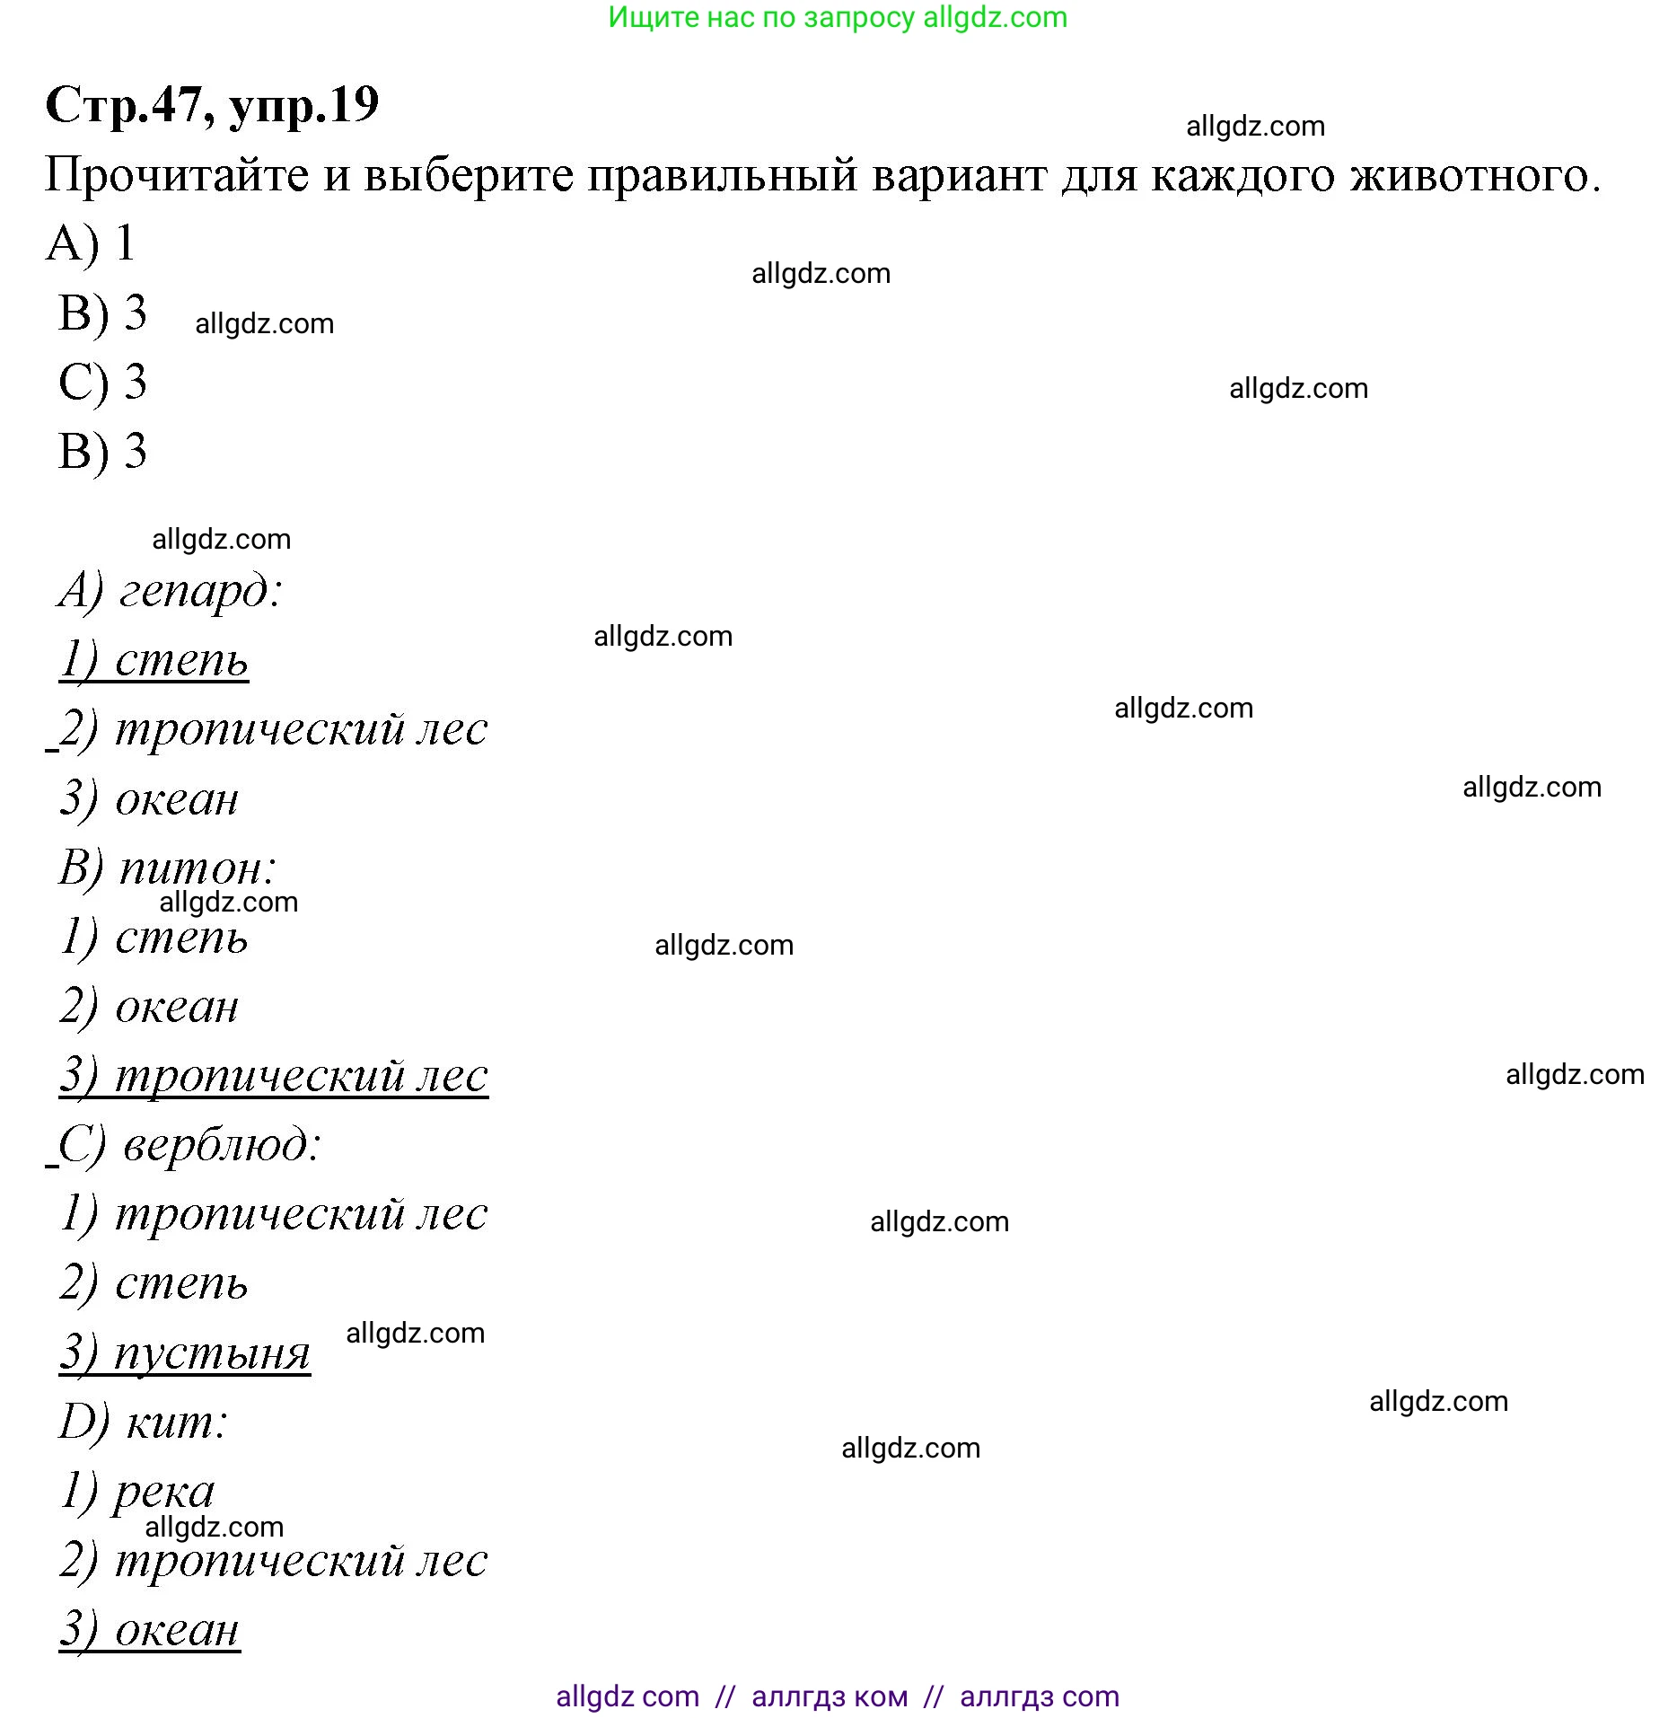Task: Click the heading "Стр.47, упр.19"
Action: pos(212,106)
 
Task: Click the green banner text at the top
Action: pos(838,18)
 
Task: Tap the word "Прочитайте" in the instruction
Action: pos(176,174)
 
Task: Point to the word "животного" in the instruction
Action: pos(1474,174)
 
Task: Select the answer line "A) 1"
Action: pos(91,243)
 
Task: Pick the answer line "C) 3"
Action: pos(102,382)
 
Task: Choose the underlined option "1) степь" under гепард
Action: pos(154,661)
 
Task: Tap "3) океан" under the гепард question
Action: pos(149,799)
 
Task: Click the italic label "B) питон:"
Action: pos(167,868)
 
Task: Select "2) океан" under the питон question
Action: pos(149,1007)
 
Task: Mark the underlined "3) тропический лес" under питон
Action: pos(274,1076)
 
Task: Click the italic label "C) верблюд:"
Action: pos(189,1145)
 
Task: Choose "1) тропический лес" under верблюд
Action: pos(274,1214)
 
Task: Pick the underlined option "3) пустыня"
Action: pos(185,1352)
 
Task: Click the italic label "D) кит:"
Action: pos(144,1422)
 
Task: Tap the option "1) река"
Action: pos(137,1492)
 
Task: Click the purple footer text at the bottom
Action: pos(838,1696)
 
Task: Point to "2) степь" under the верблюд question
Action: pos(154,1283)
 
